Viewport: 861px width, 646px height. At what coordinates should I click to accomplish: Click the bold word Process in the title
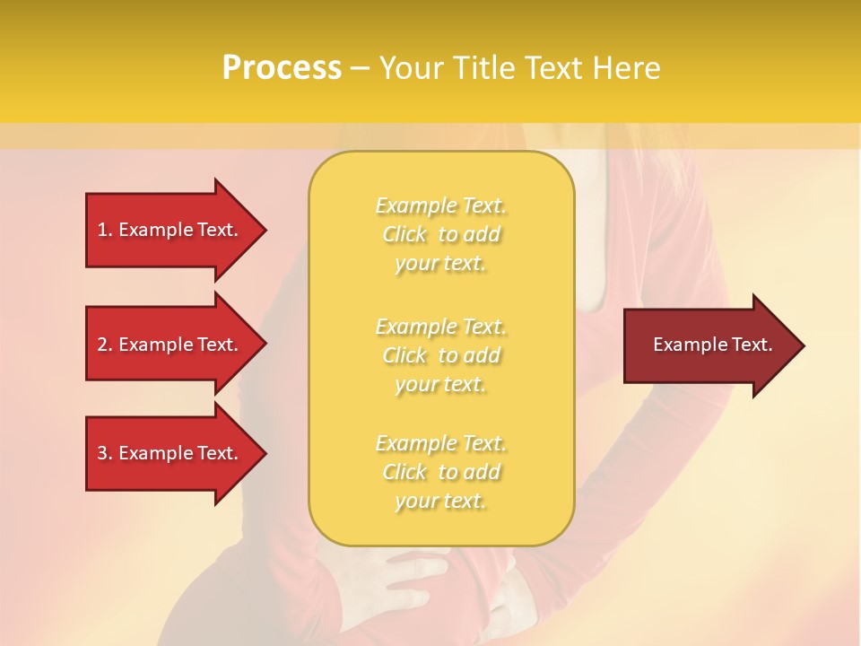coord(282,68)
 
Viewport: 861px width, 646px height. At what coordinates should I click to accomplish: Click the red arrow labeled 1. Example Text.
coord(170,230)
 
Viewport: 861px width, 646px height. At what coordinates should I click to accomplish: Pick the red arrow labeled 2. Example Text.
coord(170,345)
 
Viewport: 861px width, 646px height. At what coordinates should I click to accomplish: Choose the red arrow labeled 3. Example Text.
coord(170,453)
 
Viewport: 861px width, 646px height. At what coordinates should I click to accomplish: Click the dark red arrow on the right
coord(709,345)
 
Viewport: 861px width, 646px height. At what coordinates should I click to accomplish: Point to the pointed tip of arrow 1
coord(265,230)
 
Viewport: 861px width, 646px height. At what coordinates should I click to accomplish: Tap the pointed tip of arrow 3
coord(265,453)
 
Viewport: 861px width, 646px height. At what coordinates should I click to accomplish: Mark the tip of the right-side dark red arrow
coord(803,345)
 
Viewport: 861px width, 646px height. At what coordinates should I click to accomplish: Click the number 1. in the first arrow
coord(105,230)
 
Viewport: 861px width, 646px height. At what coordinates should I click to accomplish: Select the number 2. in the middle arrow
coord(105,345)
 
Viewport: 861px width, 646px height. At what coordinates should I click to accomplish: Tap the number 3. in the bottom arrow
coord(105,453)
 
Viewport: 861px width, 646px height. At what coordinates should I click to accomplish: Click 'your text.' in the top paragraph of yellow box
coord(440,264)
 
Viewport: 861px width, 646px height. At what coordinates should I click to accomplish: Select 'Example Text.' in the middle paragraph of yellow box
coord(440,327)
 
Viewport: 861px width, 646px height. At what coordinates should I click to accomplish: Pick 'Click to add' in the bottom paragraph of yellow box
coord(440,472)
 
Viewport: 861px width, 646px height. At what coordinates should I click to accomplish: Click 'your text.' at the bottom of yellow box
coord(440,502)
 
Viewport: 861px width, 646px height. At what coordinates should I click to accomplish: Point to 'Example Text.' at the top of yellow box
coord(440,206)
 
